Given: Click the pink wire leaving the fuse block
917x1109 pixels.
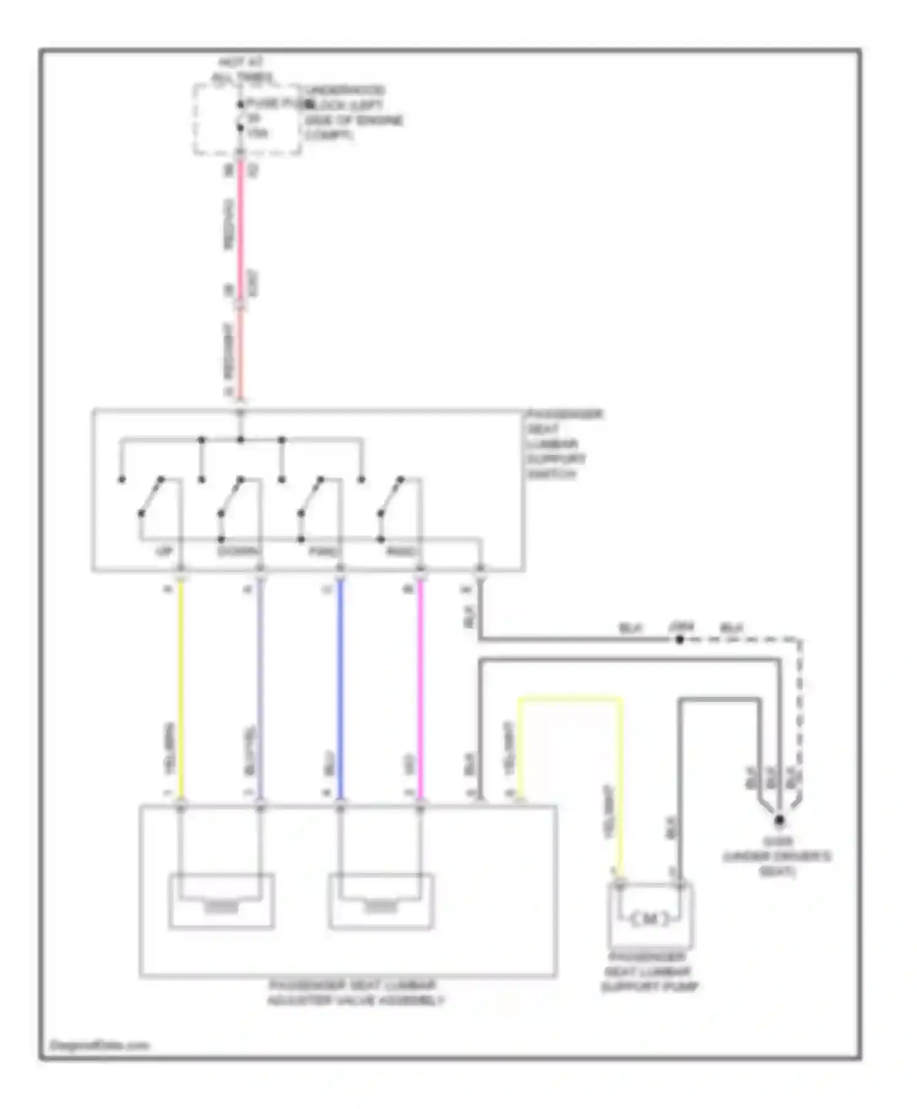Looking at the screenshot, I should [x=240, y=220].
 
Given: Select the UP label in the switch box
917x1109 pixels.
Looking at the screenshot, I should [x=163, y=551].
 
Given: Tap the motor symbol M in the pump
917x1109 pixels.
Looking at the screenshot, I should [x=649, y=918].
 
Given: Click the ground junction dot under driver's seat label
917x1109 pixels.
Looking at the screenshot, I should [x=779, y=820].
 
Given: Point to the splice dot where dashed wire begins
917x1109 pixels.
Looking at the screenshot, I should [x=679, y=639].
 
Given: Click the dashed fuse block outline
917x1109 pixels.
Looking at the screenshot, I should [x=196, y=119].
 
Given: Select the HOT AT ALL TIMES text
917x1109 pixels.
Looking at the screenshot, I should [x=242, y=70].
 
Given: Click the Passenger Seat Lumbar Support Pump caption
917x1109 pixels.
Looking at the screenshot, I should [x=649, y=971].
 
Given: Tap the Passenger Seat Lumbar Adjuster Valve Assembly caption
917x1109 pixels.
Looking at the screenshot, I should [x=355, y=993].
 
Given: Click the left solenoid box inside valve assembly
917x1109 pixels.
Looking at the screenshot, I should [x=221, y=902].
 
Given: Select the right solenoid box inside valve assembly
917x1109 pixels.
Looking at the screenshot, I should [x=381, y=902].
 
